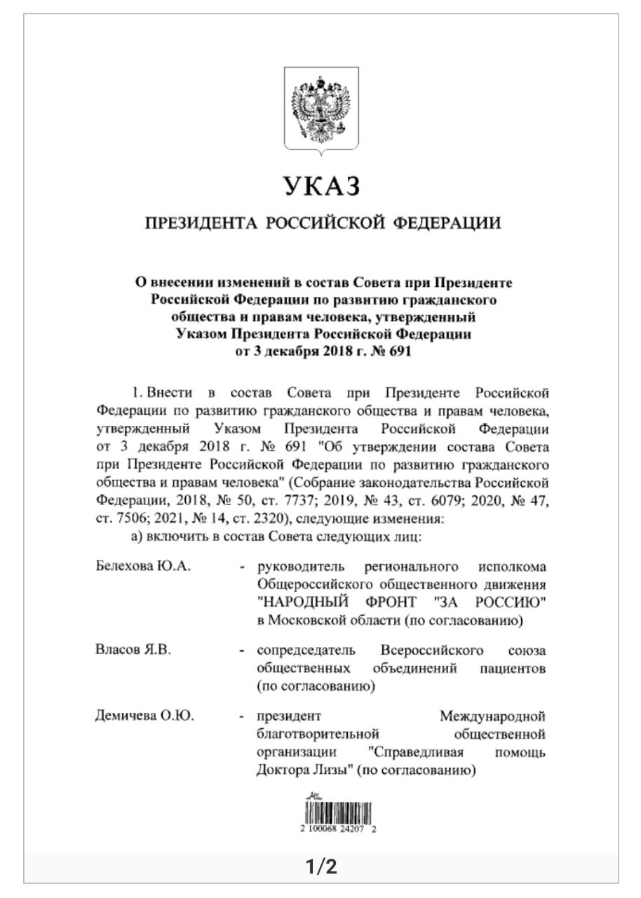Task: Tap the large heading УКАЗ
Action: coord(323,187)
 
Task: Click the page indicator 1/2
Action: coord(322,868)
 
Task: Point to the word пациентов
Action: coord(513,668)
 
